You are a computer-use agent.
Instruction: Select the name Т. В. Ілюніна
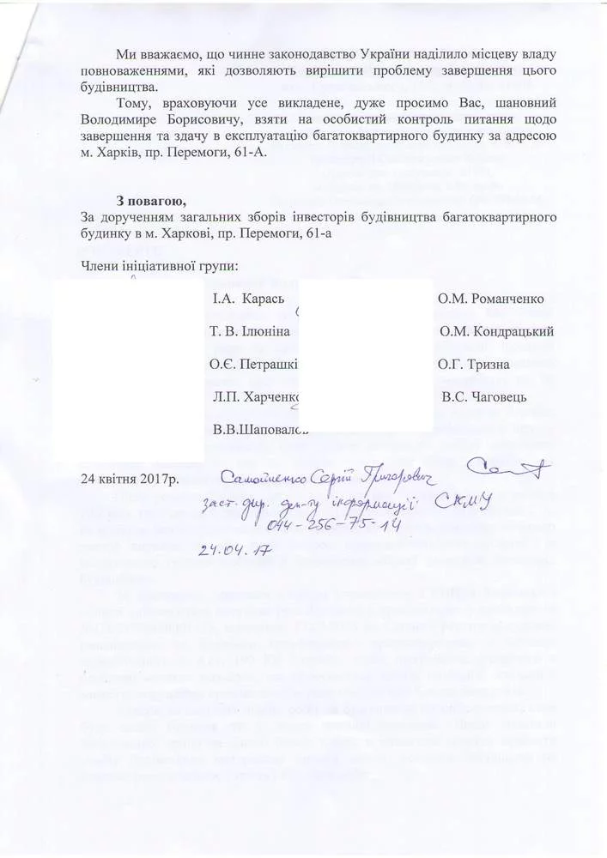(x=249, y=332)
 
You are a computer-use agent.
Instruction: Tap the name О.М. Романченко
(x=490, y=299)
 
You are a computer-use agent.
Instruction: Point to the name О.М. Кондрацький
(x=496, y=332)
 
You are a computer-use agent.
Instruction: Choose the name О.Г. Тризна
(x=473, y=365)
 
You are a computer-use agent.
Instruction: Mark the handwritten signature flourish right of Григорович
(x=510, y=468)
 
